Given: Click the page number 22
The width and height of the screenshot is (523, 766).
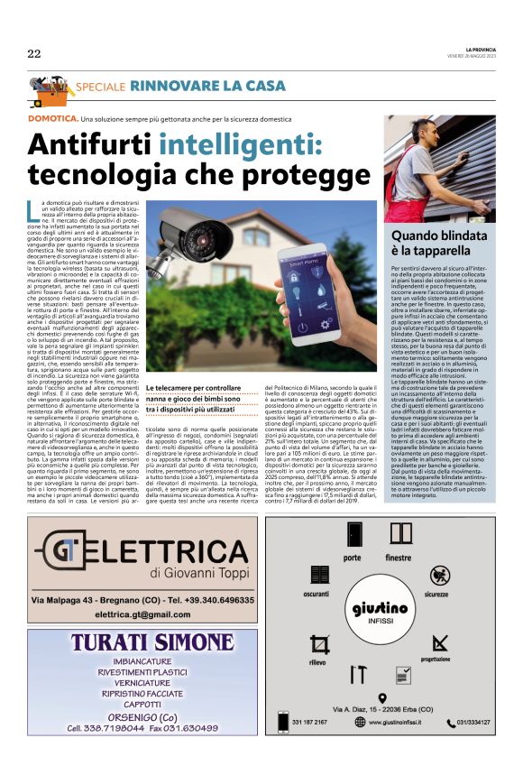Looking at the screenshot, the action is click(x=34, y=54).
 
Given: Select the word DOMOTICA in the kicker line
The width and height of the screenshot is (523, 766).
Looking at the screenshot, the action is click(x=52, y=119).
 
